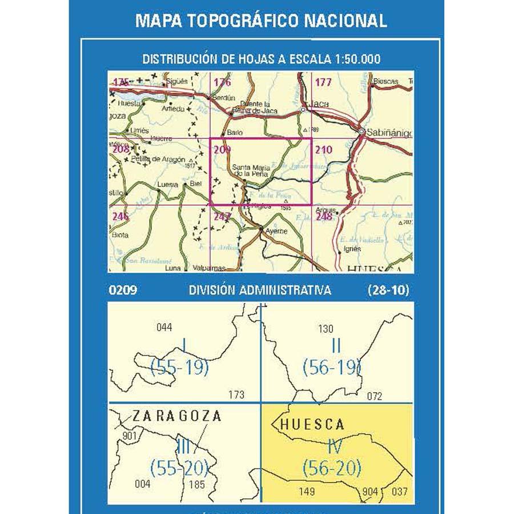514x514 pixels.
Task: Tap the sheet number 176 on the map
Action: [x=222, y=83]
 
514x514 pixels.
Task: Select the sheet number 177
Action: [x=323, y=83]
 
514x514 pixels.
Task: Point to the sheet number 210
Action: [x=323, y=150]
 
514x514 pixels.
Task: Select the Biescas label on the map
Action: [x=385, y=82]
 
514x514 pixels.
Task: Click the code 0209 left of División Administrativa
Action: [x=122, y=290]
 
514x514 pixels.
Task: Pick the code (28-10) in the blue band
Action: [x=388, y=290]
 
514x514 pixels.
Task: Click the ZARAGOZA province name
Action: [x=176, y=416]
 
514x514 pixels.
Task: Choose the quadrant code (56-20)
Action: [x=332, y=468]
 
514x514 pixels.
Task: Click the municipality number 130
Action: [x=326, y=329]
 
